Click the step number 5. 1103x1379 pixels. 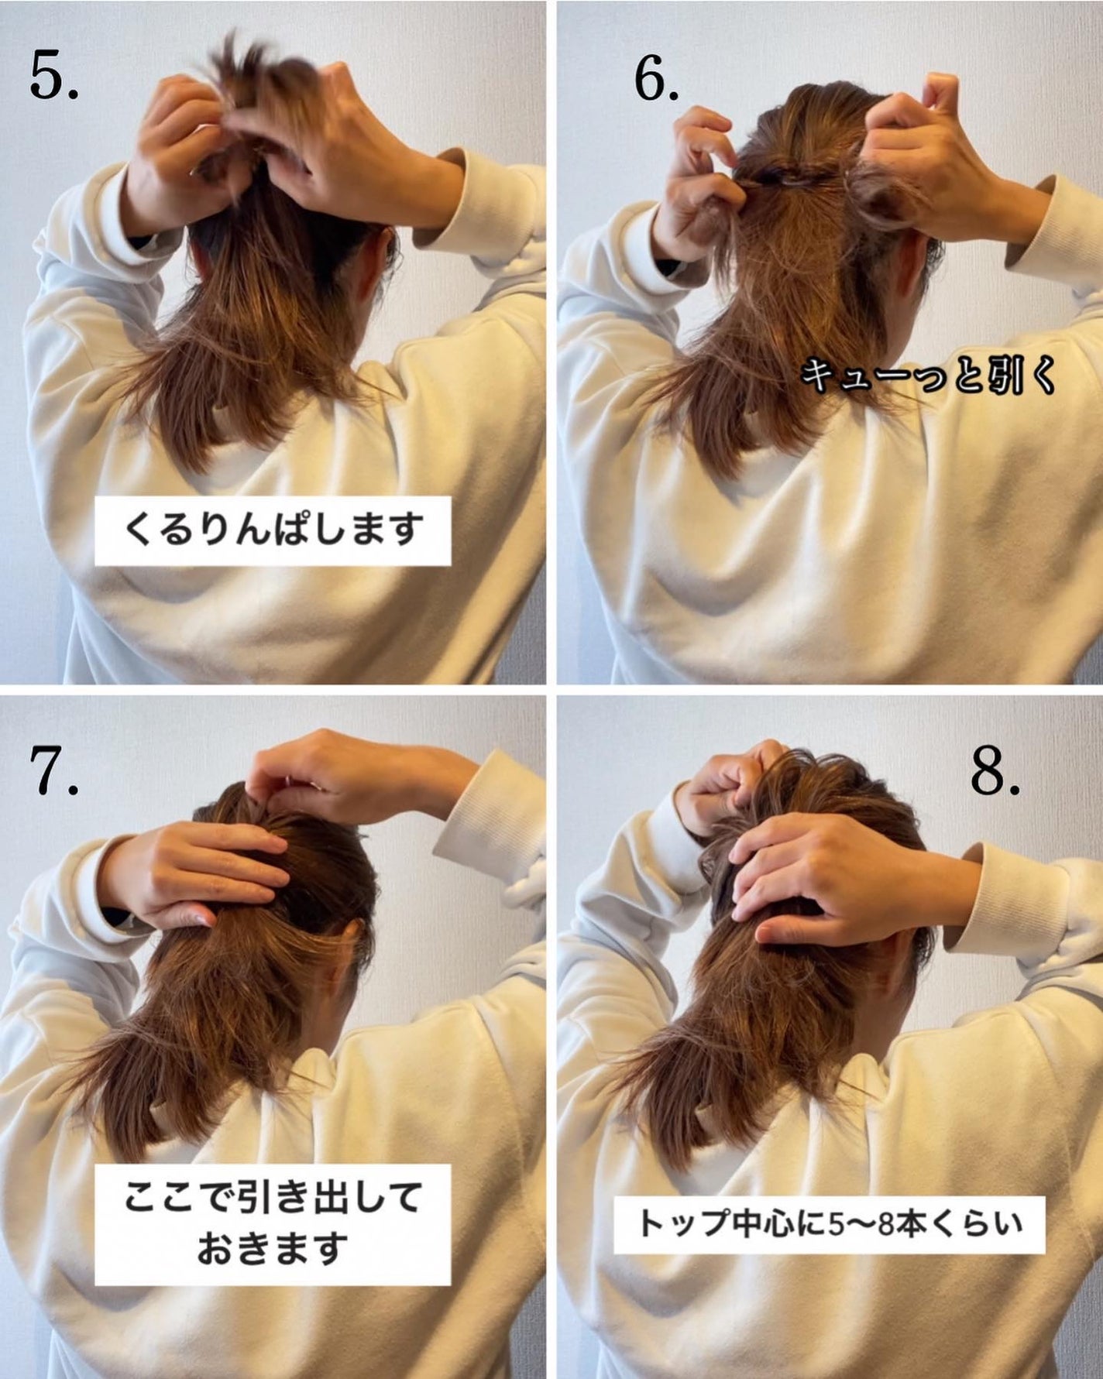coord(54,76)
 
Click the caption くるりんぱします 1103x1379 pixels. coord(273,530)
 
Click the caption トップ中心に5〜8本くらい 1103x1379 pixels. coord(830,1224)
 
